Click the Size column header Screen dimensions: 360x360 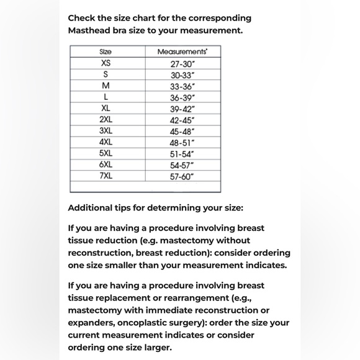[x=106, y=52]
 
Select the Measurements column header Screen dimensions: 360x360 [x=182, y=52]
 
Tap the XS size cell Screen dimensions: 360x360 [x=106, y=63]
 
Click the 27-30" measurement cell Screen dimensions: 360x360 [x=182, y=63]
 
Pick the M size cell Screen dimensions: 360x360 [x=106, y=86]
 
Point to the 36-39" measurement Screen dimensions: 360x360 [x=182, y=97]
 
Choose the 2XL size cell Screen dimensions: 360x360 [x=106, y=120]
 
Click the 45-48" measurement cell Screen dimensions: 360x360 [x=182, y=132]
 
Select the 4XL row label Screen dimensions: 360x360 [x=106, y=142]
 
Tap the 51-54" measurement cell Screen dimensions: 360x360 [x=182, y=154]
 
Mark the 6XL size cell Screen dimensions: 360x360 [x=106, y=164]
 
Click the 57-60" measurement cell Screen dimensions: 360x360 [x=182, y=176]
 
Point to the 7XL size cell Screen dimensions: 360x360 [x=106, y=176]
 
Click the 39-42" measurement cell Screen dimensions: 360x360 [x=182, y=109]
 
